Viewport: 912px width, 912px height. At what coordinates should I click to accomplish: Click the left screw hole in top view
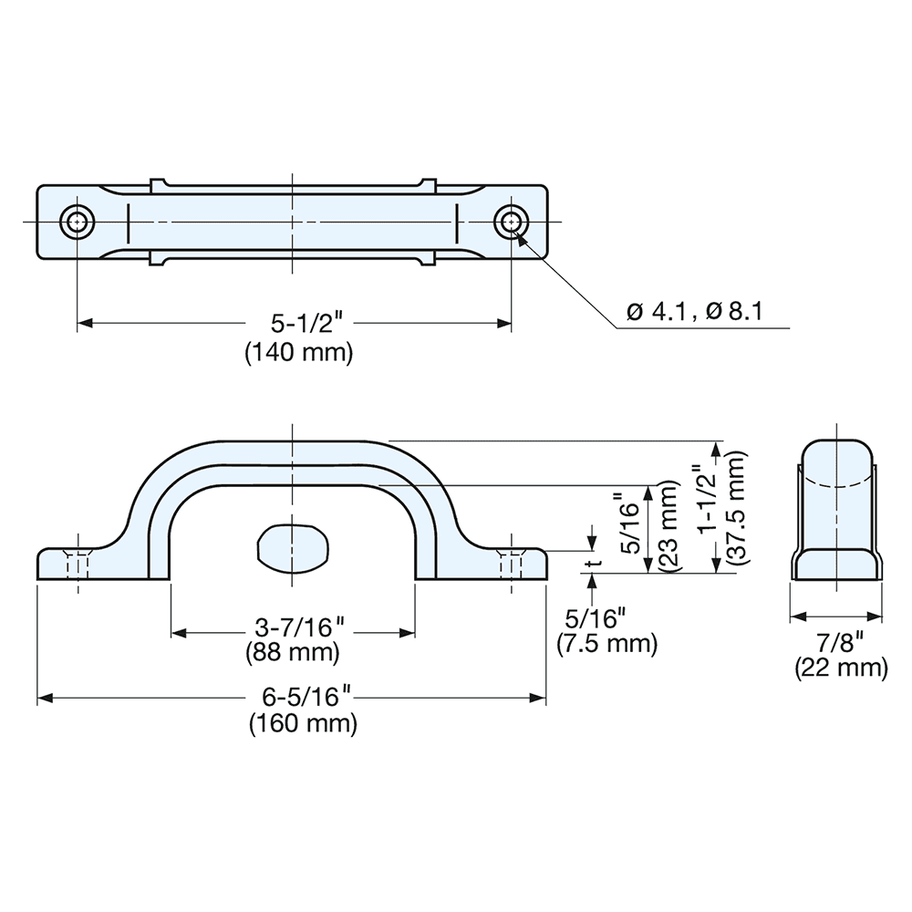(78, 222)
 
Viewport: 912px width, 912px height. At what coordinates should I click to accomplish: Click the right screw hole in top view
(511, 222)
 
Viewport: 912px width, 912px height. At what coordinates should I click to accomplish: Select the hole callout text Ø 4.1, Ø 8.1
(694, 313)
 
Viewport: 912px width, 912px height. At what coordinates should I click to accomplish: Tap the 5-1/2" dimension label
(298, 323)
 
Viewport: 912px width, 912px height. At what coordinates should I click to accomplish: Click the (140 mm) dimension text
(298, 352)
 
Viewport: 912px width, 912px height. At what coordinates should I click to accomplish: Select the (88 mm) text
(293, 653)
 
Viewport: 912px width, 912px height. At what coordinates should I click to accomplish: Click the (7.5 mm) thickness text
(607, 645)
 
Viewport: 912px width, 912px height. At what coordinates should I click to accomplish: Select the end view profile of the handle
(839, 511)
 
